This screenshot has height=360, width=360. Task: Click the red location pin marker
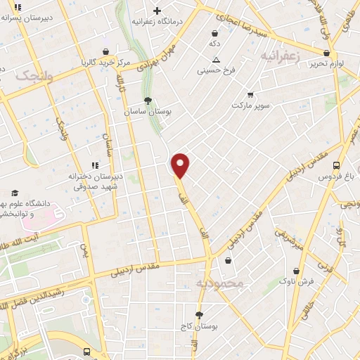(x=181, y=165)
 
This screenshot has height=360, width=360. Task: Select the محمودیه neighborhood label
(x=219, y=283)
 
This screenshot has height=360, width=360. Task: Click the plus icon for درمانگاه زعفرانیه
(x=157, y=11)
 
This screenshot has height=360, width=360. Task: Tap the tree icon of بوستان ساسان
(x=148, y=101)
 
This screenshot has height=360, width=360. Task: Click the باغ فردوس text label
(x=335, y=178)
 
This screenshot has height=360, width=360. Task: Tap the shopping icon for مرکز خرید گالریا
(x=105, y=51)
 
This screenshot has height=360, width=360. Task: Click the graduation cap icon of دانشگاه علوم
(x=14, y=193)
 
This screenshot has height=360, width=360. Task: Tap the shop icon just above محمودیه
(x=228, y=261)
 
